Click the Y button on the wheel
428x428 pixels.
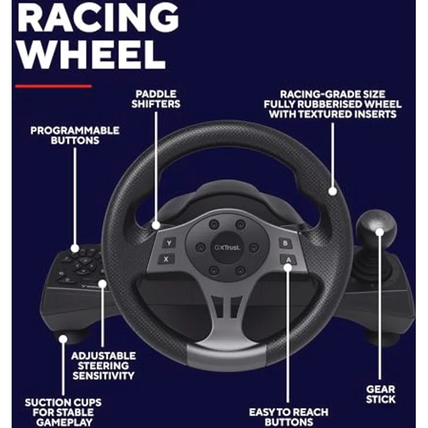pyautogui.click(x=169, y=242)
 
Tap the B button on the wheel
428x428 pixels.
pyautogui.click(x=285, y=243)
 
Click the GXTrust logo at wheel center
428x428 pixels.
pyautogui.click(x=227, y=248)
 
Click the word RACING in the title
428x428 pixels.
pyautogui.click(x=98, y=18)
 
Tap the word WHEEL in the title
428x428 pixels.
pyautogui.click(x=92, y=55)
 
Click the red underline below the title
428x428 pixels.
pyautogui.click(x=53, y=86)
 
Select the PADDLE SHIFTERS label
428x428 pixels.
pyautogui.click(x=156, y=99)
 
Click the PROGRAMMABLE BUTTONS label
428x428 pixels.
pyautogui.click(x=75, y=135)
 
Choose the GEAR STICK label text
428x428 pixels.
pyautogui.click(x=380, y=394)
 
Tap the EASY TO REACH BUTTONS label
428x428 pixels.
pyautogui.click(x=288, y=417)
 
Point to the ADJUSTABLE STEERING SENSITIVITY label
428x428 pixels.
pyautogui.click(x=104, y=366)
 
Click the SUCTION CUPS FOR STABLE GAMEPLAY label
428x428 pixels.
pyautogui.click(x=63, y=412)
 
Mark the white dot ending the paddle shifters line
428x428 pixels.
pyautogui.click(x=156, y=225)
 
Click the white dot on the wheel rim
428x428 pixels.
pyautogui.click(x=333, y=191)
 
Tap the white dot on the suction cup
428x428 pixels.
pyautogui.click(x=63, y=339)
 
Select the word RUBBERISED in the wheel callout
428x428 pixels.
pyautogui.click(x=330, y=104)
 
